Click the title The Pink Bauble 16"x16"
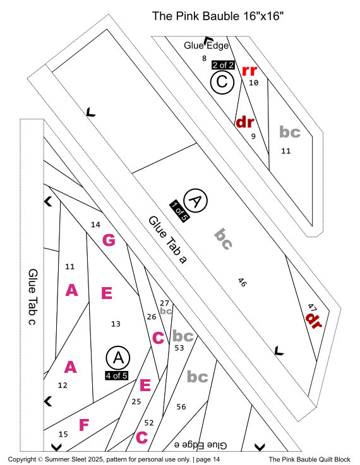pyautogui.click(x=218, y=16)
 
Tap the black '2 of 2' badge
pyautogui.click(x=223, y=65)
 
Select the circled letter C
pyautogui.click(x=222, y=82)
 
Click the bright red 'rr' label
pyautogui.click(x=249, y=71)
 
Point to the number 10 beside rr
pyautogui.click(x=253, y=83)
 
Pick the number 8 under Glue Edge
pyautogui.click(x=204, y=59)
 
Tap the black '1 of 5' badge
pyautogui.click(x=179, y=211)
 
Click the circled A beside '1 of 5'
pyautogui.click(x=195, y=201)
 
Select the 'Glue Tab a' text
pyautogui.click(x=167, y=240)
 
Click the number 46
pyautogui.click(x=242, y=283)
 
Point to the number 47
pyautogui.click(x=311, y=307)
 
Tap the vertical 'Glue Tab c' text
pyautogui.click(x=33, y=297)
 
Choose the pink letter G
pyautogui.click(x=109, y=240)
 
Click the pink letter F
pyautogui.click(x=84, y=425)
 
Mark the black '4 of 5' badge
pyautogui.click(x=117, y=375)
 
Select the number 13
pyautogui.click(x=116, y=324)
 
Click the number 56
pyautogui.click(x=181, y=406)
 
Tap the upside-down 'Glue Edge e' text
pyautogui.click(x=200, y=445)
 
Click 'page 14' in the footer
pyautogui.click(x=208, y=459)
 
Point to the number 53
pyautogui.click(x=179, y=348)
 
